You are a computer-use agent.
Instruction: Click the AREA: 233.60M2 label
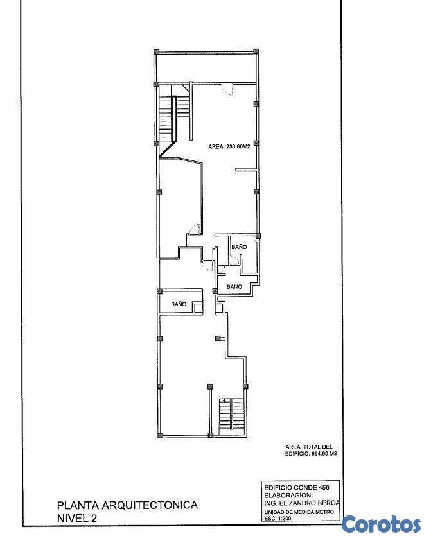(x=229, y=147)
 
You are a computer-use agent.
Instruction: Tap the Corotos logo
(x=381, y=524)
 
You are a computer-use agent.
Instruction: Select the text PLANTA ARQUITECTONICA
(x=127, y=505)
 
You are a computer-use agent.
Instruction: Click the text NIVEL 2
(x=77, y=518)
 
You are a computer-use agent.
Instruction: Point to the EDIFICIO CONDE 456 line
(x=297, y=488)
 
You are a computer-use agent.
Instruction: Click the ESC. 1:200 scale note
(x=278, y=518)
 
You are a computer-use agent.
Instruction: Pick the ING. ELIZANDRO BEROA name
(x=302, y=503)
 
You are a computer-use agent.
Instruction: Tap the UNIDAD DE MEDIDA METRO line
(x=299, y=512)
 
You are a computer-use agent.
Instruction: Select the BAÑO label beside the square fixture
(x=179, y=304)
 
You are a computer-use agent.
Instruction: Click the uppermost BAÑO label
(x=239, y=247)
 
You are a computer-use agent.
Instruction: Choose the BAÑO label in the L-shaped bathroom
(x=234, y=286)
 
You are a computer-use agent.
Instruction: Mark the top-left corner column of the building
(x=157, y=52)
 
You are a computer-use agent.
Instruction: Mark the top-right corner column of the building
(x=256, y=51)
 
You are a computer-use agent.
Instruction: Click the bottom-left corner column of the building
(x=161, y=435)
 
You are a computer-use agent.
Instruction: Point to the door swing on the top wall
(x=227, y=89)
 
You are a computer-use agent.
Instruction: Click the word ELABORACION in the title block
(x=288, y=496)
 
